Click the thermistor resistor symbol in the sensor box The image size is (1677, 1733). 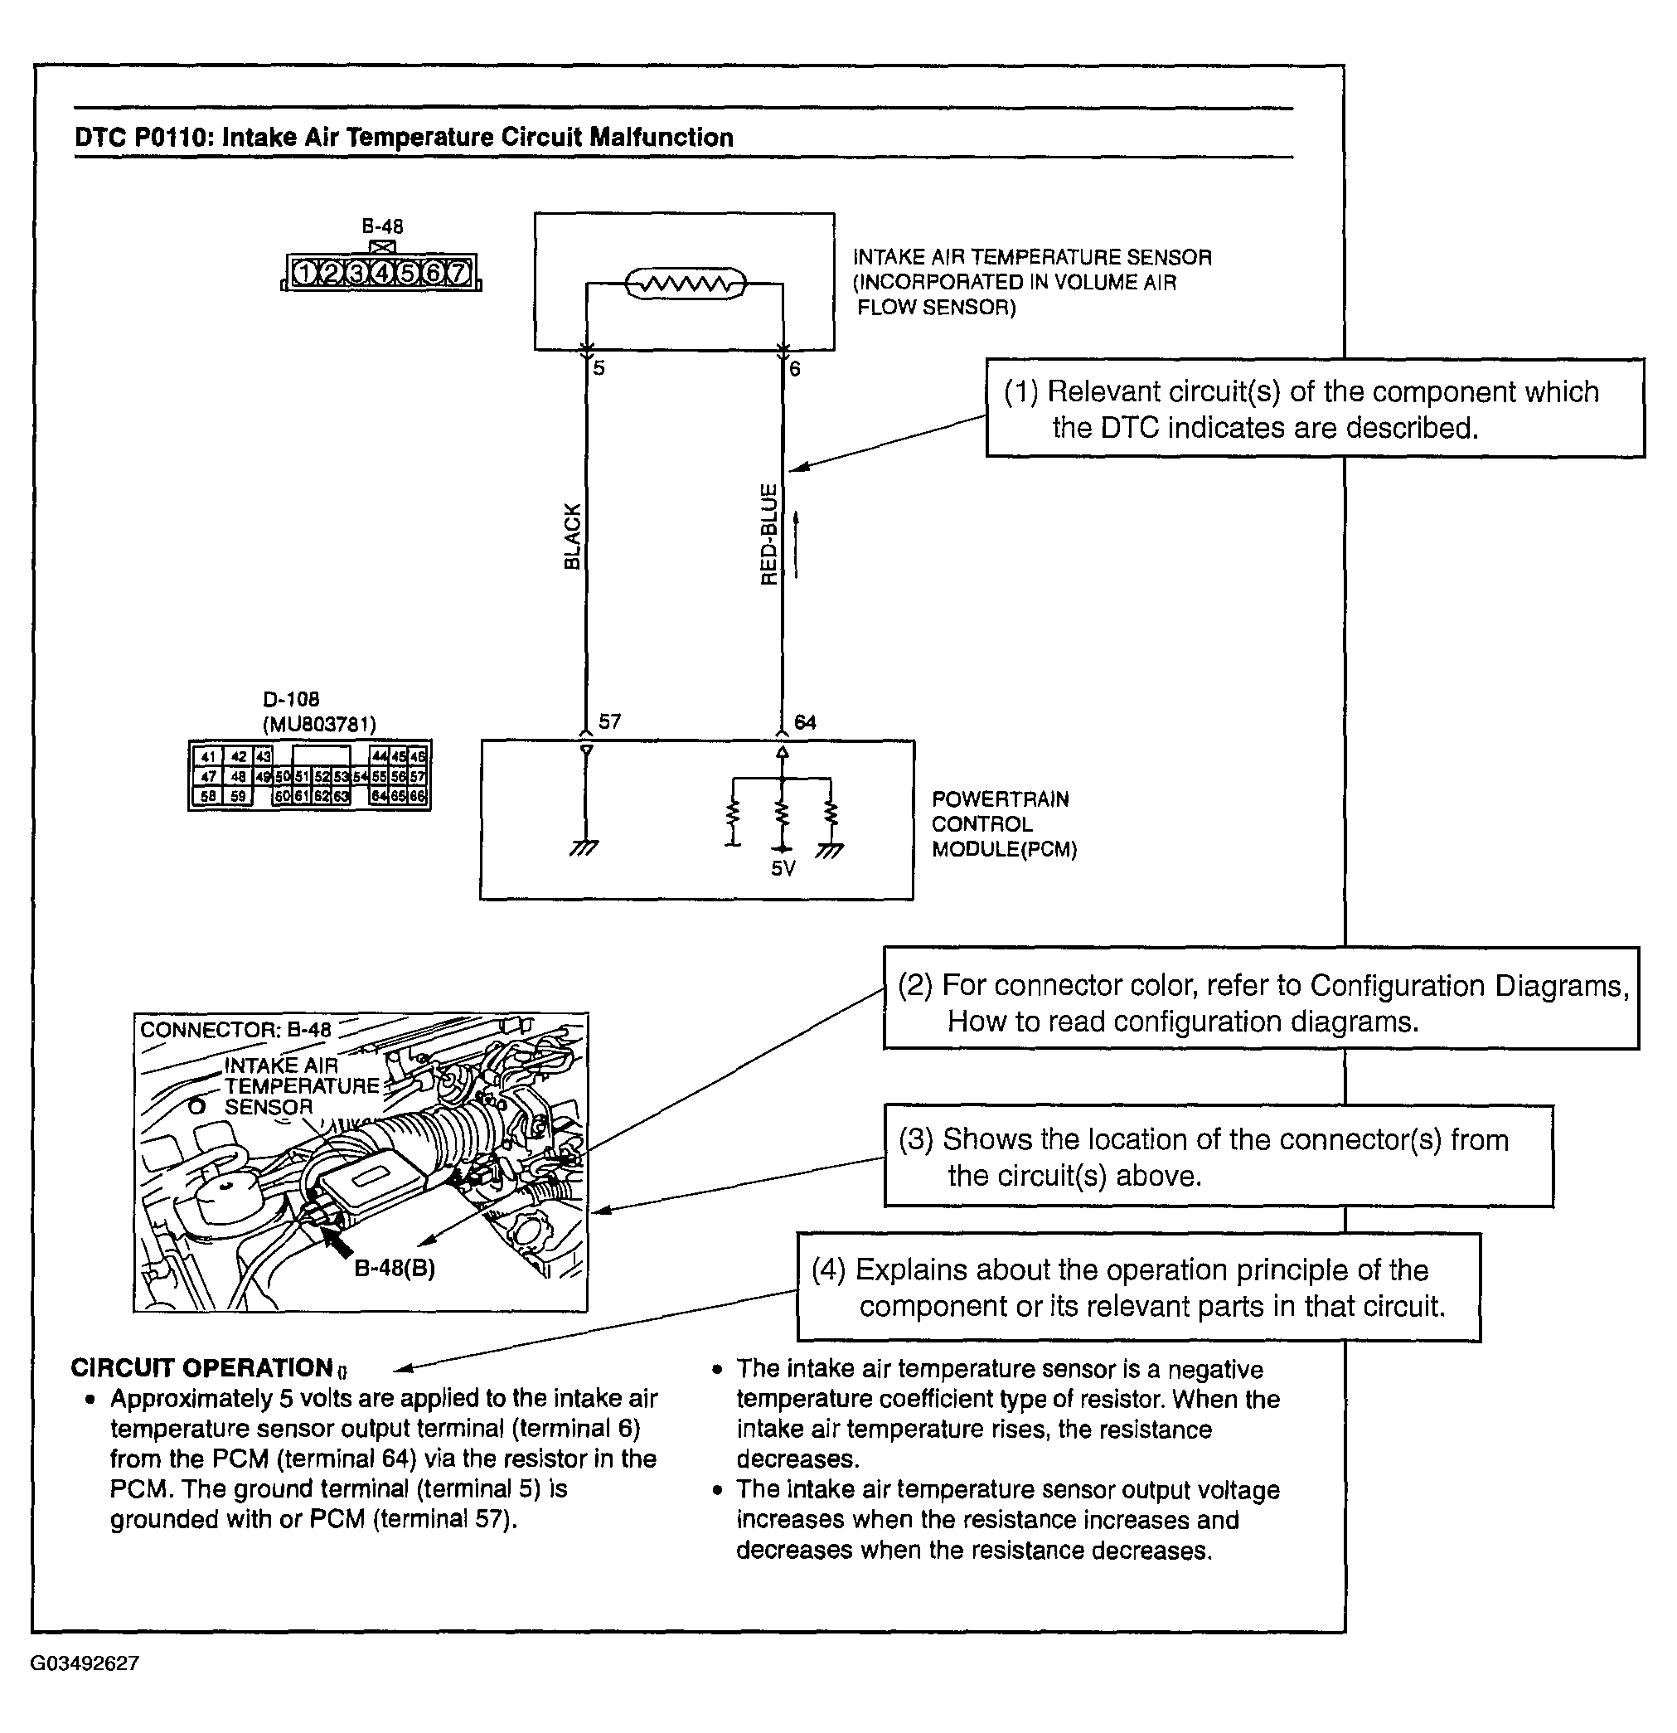tap(685, 284)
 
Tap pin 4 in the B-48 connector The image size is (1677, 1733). tap(382, 273)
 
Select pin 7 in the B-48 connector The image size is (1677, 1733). tap(458, 273)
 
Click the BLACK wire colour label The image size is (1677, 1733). tap(573, 536)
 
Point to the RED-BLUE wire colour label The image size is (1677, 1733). tap(769, 534)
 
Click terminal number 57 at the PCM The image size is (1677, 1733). tap(609, 721)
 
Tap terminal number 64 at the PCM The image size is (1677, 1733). tap(804, 722)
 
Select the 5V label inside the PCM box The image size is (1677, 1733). tap(783, 868)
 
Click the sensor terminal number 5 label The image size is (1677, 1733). tap(599, 368)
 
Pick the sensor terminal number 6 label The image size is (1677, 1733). tap(794, 369)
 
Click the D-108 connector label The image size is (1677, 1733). tap(291, 699)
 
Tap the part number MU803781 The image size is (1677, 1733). tap(319, 724)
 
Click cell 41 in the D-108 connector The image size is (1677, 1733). tap(208, 757)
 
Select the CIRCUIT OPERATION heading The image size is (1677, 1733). tap(201, 1368)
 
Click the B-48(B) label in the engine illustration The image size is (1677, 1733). tap(395, 1268)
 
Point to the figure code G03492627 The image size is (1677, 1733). tap(85, 1663)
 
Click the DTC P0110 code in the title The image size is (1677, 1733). tap(142, 137)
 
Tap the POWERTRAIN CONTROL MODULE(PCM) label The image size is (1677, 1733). tap(1003, 824)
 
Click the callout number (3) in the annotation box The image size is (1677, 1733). tap(916, 1139)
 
